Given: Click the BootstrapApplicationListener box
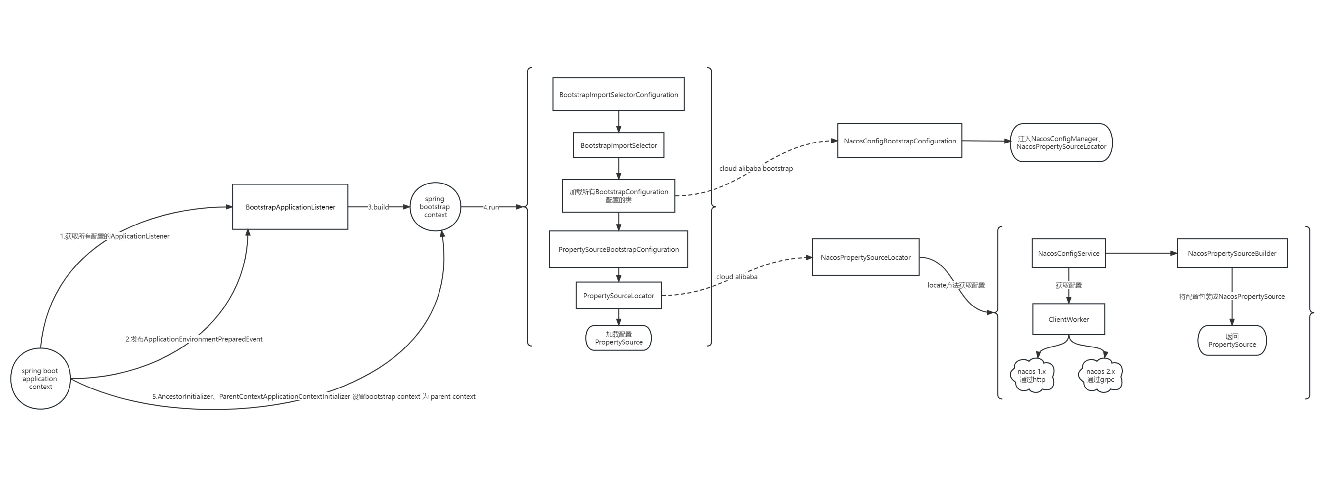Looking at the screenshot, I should (290, 207).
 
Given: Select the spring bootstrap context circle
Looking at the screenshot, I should (435, 207).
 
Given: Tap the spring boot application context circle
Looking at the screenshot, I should (40, 379).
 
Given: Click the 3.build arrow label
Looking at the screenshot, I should (379, 207).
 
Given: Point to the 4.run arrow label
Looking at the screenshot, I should (491, 207).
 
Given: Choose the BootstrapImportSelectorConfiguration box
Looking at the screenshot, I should (619, 94).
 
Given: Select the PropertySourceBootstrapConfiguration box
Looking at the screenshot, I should (619, 249).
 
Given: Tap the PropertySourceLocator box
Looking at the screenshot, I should (619, 296).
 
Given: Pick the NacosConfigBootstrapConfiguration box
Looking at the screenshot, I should (900, 141).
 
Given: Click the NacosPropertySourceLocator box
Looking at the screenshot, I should (865, 257).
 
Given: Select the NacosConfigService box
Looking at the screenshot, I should (1068, 253).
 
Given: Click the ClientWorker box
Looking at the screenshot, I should (1068, 319).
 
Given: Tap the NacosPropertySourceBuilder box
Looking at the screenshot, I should (1232, 253).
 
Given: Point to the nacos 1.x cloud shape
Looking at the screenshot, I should (1032, 375).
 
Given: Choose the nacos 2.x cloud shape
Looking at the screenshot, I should (1100, 375).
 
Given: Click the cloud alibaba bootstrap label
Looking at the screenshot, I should (756, 169).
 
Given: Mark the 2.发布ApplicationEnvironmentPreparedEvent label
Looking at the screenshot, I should (194, 339).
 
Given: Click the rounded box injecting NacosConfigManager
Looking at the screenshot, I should (1061, 143).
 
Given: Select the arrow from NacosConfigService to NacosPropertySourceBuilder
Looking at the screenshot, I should (1140, 253).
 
